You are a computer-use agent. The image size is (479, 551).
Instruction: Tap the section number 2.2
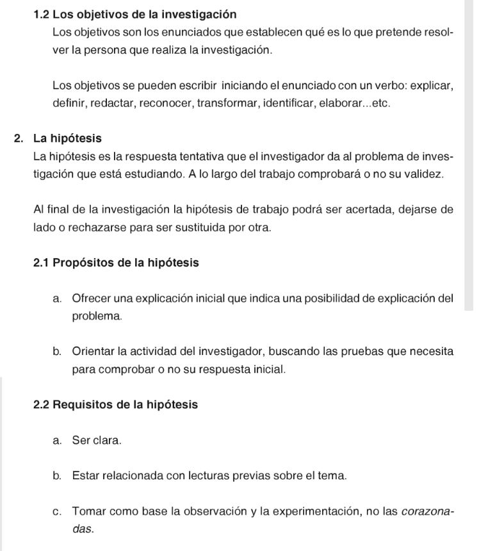[x=42, y=405]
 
